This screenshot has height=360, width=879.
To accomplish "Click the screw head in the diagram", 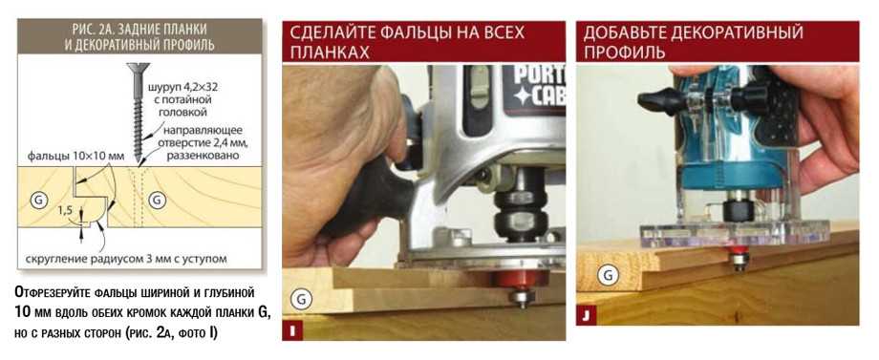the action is [x=138, y=69].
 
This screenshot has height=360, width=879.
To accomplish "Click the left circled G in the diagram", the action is [x=38, y=199].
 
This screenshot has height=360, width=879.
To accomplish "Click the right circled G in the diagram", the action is [x=157, y=199].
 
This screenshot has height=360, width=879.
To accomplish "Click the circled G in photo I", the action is [x=301, y=300].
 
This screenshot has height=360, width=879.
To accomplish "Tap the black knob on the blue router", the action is [x=661, y=101].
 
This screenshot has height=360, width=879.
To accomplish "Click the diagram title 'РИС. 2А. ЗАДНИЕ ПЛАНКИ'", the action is [x=139, y=29].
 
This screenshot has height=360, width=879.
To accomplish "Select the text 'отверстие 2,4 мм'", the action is [x=205, y=143].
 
